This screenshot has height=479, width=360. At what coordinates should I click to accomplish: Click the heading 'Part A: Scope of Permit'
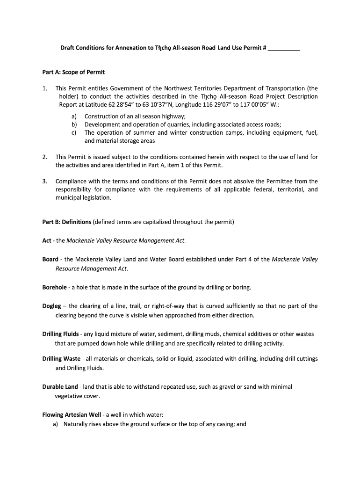[x=73, y=72]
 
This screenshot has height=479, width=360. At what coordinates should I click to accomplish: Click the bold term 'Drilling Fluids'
[x=60, y=334]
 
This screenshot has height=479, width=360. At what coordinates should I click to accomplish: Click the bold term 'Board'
[x=50, y=259]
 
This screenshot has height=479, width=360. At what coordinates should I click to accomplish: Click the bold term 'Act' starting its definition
[x=47, y=240]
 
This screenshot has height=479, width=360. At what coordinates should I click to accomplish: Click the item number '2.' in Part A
[x=44, y=157]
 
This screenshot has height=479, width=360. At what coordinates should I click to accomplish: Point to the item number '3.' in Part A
[x=44, y=181]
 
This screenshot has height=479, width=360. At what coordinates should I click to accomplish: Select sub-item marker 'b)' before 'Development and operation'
[x=74, y=124]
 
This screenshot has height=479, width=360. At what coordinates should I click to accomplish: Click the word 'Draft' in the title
[x=68, y=49]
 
